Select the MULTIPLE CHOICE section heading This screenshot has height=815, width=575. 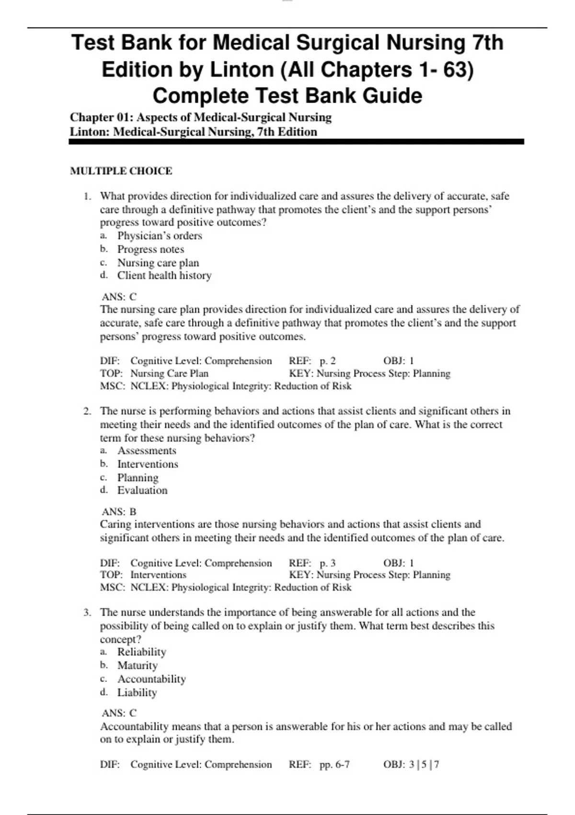click(x=121, y=171)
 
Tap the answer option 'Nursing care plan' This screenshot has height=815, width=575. click(x=158, y=263)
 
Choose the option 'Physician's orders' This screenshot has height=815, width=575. click(x=160, y=236)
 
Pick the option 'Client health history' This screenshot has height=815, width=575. click(x=164, y=276)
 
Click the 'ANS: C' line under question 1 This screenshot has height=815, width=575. click(x=119, y=297)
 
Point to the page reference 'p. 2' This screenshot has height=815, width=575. click(x=328, y=361)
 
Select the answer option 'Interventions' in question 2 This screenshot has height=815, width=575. click(x=148, y=464)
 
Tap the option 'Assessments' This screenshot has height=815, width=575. click(x=147, y=451)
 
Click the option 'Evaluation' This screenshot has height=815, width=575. click(x=142, y=490)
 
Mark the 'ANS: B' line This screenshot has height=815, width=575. click(x=119, y=512)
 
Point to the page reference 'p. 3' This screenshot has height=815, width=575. click(x=328, y=563)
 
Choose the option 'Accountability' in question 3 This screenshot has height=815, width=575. click(x=151, y=679)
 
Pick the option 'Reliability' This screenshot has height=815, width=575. click(x=142, y=652)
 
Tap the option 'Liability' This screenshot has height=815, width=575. click(x=137, y=692)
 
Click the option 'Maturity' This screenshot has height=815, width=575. click(x=138, y=665)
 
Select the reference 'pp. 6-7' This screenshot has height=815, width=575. click(x=334, y=765)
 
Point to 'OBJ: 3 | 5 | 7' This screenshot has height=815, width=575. click(x=411, y=765)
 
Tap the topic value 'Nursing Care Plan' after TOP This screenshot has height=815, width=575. click(x=169, y=373)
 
